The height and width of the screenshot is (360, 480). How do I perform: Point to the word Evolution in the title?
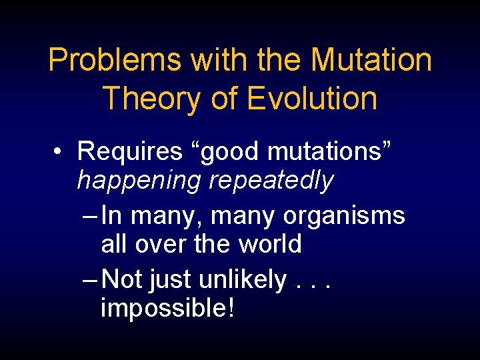pos(312,98)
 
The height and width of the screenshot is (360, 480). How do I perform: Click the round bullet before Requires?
pos(59,153)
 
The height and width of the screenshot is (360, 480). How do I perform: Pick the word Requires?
pos(129,152)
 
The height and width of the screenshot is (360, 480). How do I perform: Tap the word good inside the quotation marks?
pos(227,152)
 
